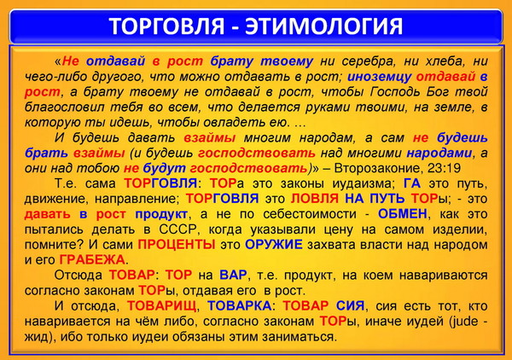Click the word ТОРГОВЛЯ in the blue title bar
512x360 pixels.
[x=167, y=26]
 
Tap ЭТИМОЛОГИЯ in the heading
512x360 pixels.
[x=324, y=26]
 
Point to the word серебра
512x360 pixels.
[x=369, y=61]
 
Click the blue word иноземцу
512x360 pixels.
[x=379, y=77]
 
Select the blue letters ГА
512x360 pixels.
[x=412, y=183]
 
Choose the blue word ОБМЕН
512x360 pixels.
[x=403, y=214]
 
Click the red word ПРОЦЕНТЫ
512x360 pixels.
[x=177, y=245]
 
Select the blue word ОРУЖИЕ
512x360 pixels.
[x=274, y=245]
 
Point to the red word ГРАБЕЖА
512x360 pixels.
[x=92, y=260]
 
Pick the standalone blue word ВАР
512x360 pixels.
[x=233, y=276]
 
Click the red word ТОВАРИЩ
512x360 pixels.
[x=161, y=306]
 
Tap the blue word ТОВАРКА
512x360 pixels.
[x=239, y=306]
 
